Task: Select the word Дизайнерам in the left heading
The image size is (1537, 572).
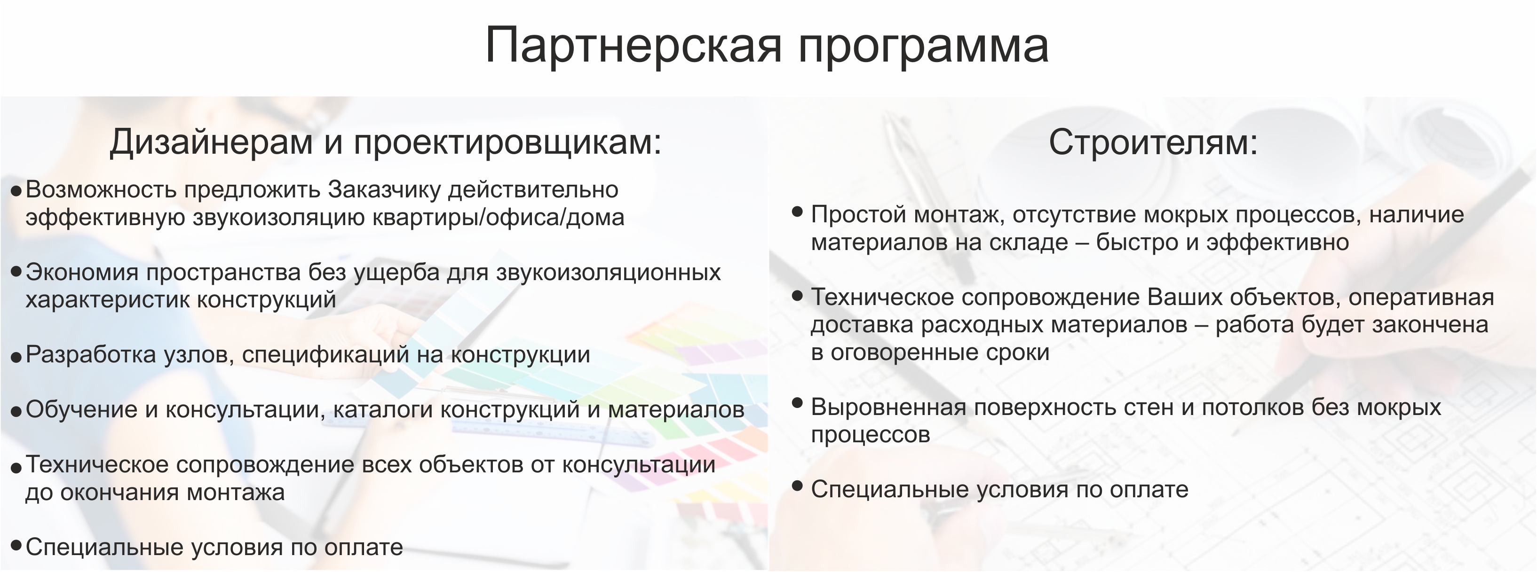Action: click(211, 143)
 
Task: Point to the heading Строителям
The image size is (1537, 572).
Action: click(1153, 143)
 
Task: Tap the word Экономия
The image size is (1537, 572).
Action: click(82, 273)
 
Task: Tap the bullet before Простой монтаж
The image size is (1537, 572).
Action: click(797, 212)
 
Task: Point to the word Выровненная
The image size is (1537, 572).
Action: click(888, 408)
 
